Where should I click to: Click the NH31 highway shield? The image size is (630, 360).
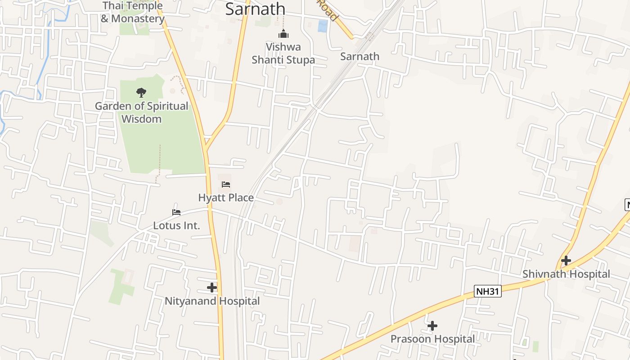point(487,291)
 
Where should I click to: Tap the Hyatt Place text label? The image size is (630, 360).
point(226,198)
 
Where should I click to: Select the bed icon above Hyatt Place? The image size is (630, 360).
point(226,184)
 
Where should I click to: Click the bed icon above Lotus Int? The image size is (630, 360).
point(176,212)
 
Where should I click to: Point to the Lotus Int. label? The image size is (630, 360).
point(176,225)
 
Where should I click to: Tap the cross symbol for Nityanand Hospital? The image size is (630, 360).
point(212,287)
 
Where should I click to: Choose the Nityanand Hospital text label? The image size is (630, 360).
point(212,301)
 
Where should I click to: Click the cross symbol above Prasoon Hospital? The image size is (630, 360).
point(432,325)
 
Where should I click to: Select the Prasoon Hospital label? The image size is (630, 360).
point(432,339)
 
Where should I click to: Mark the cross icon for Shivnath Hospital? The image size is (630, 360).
point(566,260)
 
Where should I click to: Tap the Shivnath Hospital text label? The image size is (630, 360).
point(566,274)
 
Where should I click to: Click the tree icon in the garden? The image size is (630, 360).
point(141,93)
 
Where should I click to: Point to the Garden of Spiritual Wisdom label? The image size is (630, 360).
point(141,112)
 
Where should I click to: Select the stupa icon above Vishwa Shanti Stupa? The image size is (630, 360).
point(283,34)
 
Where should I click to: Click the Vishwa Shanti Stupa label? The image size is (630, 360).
point(283,53)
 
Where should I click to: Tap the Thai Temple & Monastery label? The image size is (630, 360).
point(133,12)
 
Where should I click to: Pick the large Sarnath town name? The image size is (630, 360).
point(255,9)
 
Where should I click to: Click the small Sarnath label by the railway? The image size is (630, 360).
point(360,57)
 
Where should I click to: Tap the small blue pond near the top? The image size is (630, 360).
point(323,26)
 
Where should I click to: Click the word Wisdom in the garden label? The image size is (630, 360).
point(141,119)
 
